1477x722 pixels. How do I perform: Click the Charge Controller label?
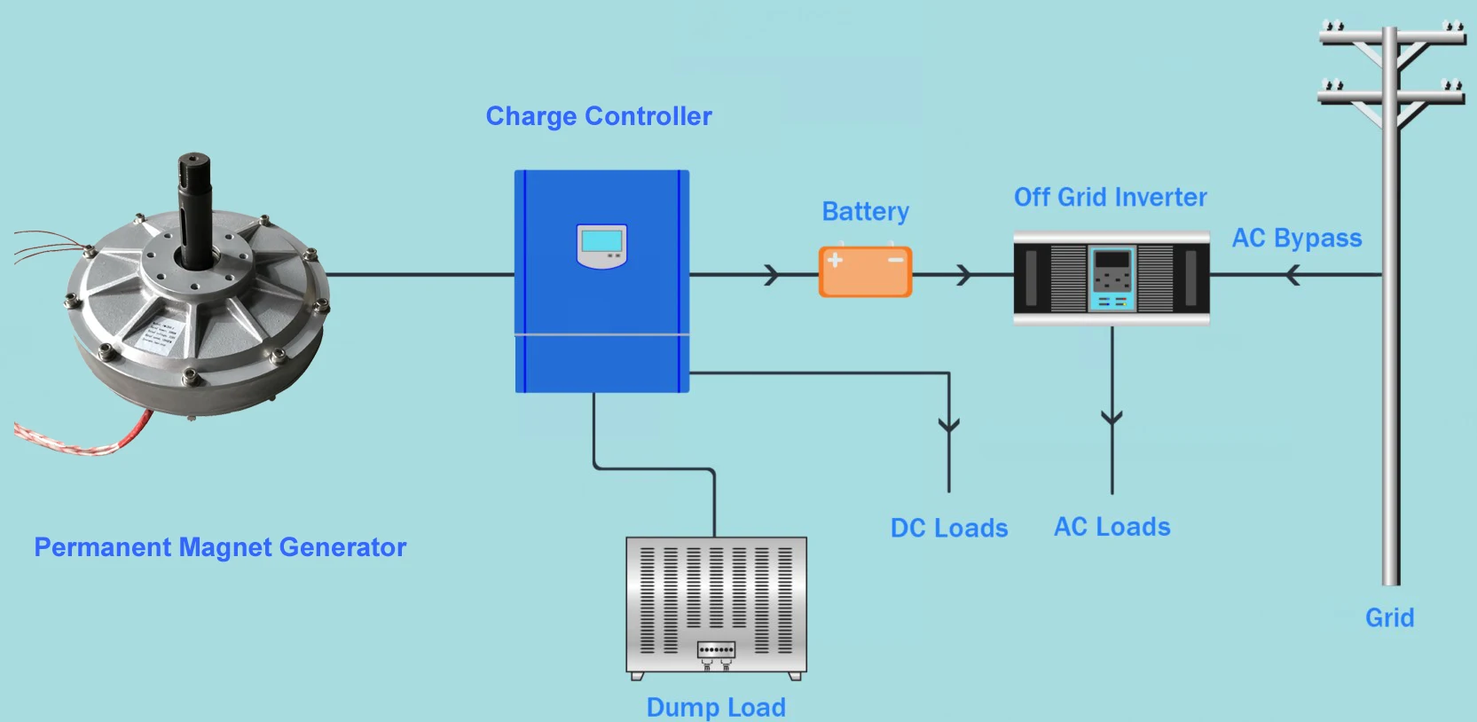click(599, 116)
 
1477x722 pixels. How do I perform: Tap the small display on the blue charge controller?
click(601, 245)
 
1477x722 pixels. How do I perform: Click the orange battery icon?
click(865, 271)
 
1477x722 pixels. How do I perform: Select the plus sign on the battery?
click(835, 260)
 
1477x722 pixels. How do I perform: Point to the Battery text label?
click(865, 212)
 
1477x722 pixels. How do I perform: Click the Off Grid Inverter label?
click(1110, 197)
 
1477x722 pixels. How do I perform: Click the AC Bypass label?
click(1296, 239)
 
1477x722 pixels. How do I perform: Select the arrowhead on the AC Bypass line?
click(1292, 276)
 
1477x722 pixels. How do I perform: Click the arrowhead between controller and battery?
click(772, 275)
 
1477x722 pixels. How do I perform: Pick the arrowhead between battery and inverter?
click(964, 275)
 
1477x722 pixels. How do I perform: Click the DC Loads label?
click(949, 529)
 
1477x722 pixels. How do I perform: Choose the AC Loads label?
click(1112, 527)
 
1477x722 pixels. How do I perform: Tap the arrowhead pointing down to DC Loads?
click(949, 425)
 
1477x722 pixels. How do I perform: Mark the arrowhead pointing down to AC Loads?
click(1112, 417)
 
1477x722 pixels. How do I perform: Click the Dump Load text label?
click(716, 707)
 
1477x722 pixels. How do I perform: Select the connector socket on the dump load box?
click(716, 650)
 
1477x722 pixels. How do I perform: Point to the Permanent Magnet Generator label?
click(220, 547)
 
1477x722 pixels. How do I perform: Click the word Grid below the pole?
click(1389, 617)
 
